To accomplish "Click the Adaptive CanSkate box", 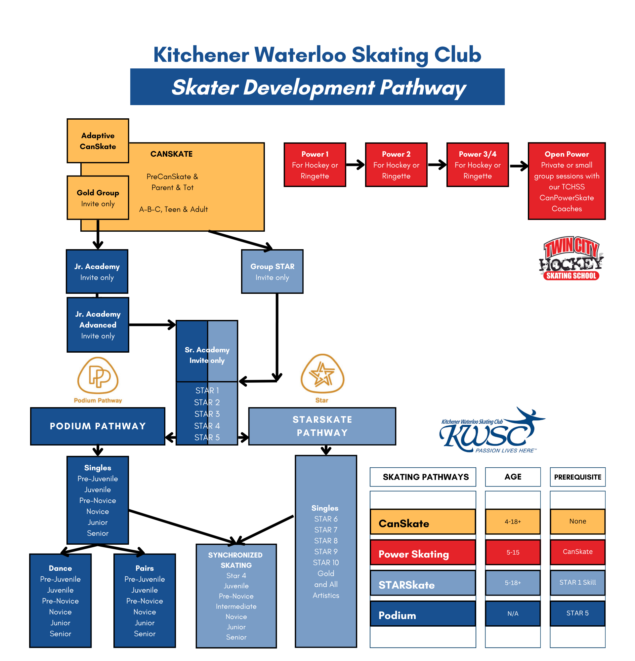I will click(x=98, y=141).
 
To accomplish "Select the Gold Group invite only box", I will click(x=98, y=198).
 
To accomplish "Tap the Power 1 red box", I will click(x=315, y=165).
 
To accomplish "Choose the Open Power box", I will click(x=566, y=181).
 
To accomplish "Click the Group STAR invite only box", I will click(x=272, y=271).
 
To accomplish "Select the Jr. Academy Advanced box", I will click(x=98, y=325).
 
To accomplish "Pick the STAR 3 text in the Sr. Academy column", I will click(x=207, y=414).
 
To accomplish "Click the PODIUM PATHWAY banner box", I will click(x=98, y=426).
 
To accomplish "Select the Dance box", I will click(x=60, y=600).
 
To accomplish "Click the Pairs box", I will click(x=145, y=600).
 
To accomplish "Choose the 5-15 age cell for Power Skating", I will click(x=513, y=552).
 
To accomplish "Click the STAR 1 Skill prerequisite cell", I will click(x=577, y=582).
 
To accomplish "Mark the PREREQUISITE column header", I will click(x=577, y=477).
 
